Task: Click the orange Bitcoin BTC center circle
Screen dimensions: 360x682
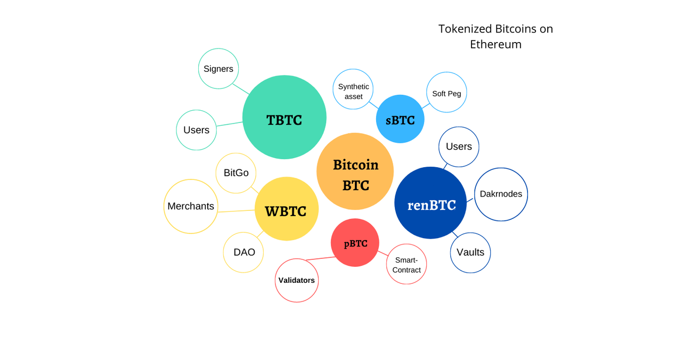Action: [x=355, y=171]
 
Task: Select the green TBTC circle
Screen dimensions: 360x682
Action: [x=284, y=117]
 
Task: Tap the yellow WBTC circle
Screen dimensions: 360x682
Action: [x=287, y=209]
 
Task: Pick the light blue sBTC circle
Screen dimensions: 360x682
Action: [x=400, y=119]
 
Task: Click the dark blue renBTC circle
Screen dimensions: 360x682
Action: [x=431, y=203]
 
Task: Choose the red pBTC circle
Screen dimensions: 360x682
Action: [x=355, y=242]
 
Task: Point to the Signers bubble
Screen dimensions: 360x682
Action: [x=218, y=69]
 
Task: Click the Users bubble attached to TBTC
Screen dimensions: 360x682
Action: [x=197, y=130]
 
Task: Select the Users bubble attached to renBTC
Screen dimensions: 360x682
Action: [x=459, y=146]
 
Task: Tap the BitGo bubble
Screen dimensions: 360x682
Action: [x=236, y=173]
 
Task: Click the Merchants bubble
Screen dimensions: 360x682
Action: [x=191, y=206]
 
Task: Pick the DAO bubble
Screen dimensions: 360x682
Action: [x=243, y=252]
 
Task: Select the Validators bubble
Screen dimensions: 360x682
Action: [x=297, y=280]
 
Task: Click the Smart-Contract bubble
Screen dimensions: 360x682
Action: [x=407, y=264]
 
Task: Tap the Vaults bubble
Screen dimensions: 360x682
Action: [x=470, y=252]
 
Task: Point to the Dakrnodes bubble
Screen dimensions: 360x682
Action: [x=501, y=194]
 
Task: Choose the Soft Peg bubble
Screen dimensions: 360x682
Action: [x=446, y=93]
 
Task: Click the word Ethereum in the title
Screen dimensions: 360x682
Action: [x=496, y=44]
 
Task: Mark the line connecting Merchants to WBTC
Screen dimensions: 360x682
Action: [x=236, y=211]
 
